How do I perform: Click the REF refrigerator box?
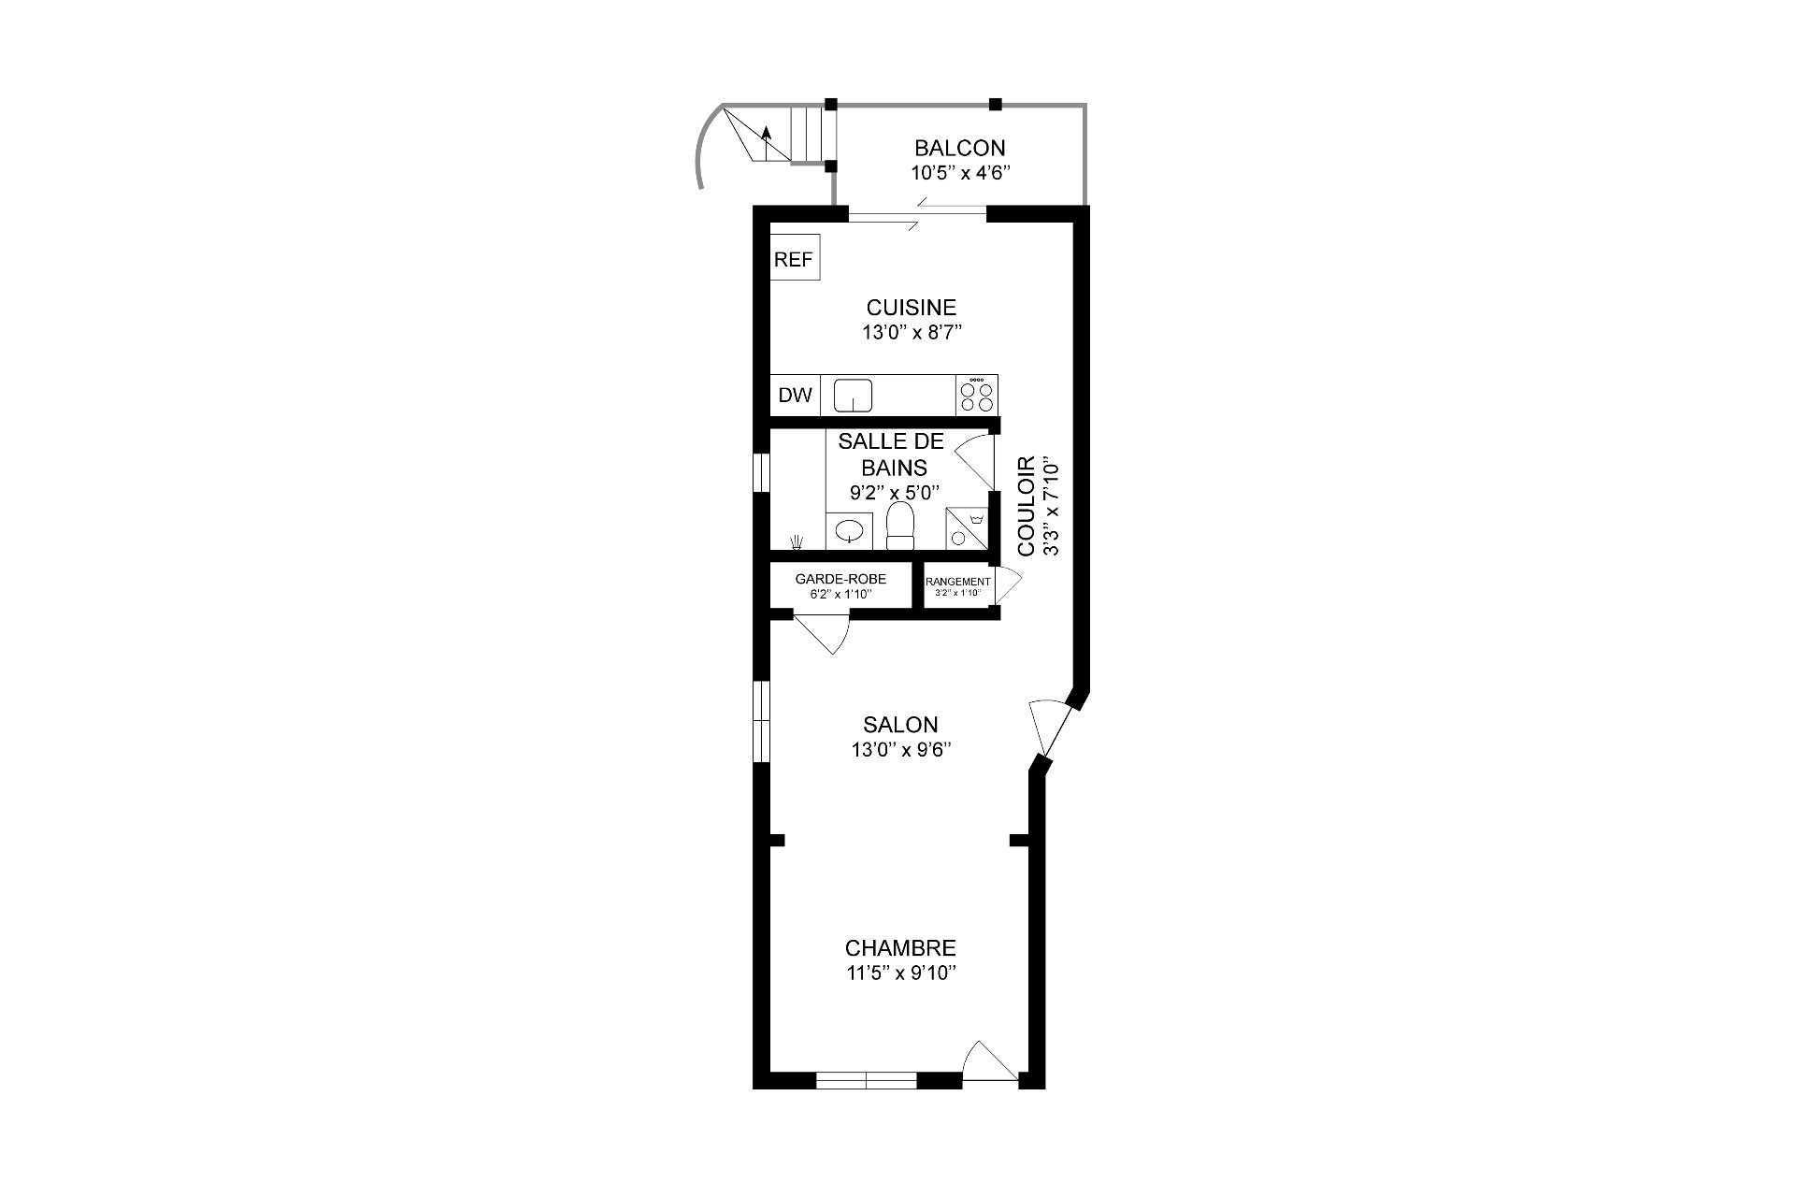[795, 257]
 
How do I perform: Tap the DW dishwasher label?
[796, 396]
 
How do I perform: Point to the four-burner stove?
[977, 396]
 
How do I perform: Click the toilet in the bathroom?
[900, 526]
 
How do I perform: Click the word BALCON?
[960, 148]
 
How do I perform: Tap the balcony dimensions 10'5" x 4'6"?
[961, 173]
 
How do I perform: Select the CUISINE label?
[912, 308]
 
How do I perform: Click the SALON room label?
[900, 725]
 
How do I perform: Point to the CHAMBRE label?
[900, 948]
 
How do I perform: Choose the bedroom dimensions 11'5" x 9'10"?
[900, 973]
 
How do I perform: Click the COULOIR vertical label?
[1027, 506]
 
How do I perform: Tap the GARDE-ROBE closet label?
[840, 580]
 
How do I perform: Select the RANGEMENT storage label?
[958, 582]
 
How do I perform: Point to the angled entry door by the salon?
[1048, 728]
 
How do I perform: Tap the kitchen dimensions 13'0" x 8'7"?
[912, 332]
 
